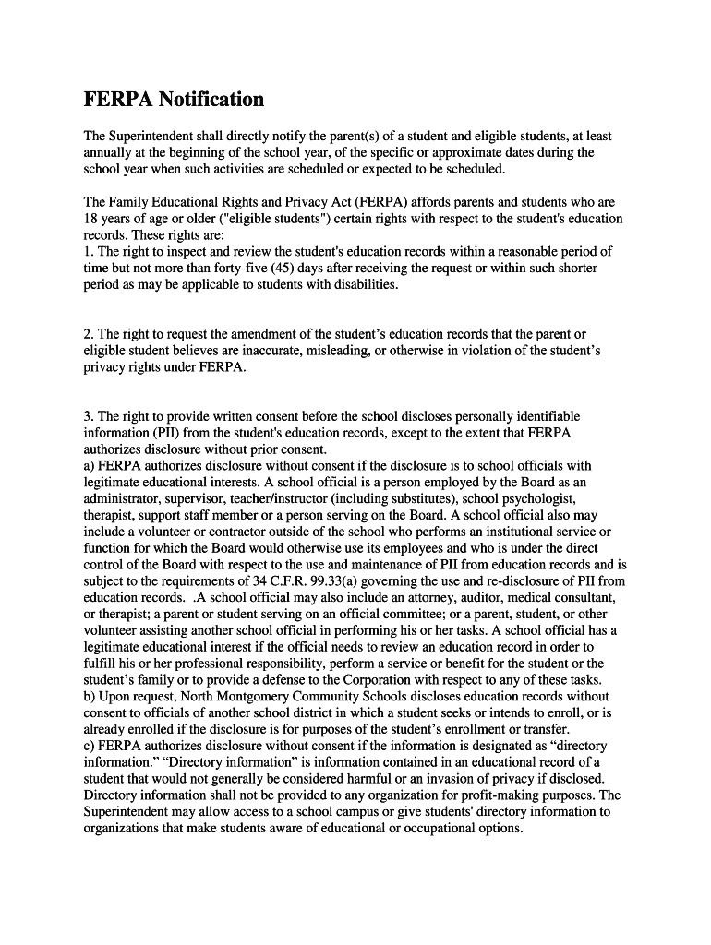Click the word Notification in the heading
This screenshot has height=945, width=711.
(211, 100)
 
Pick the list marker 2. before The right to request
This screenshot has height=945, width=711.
(89, 333)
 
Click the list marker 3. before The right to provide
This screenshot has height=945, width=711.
(89, 416)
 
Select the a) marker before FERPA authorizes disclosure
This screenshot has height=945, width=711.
(90, 466)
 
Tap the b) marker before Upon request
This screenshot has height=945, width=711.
(90, 698)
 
